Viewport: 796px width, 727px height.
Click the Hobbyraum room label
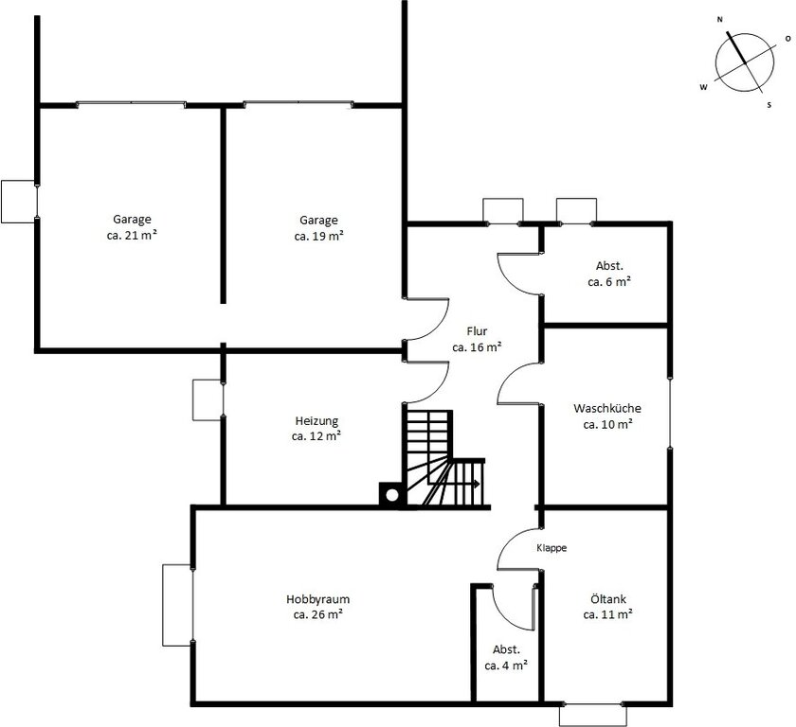317,599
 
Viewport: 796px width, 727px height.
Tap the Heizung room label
317,421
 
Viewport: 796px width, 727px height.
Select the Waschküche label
607,408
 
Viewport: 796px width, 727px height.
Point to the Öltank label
608,599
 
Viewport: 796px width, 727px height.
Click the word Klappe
552,548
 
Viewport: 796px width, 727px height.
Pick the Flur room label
477,331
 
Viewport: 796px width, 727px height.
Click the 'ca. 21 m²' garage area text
132,236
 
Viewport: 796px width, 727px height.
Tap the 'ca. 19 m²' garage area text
318,237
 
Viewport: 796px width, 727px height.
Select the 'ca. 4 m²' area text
506,665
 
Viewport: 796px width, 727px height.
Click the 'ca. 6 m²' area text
609,282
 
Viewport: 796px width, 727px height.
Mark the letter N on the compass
719,20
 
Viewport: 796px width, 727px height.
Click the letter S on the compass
769,105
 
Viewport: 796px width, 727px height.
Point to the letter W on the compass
703,87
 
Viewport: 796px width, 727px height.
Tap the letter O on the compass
787,39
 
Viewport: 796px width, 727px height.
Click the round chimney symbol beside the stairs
392,495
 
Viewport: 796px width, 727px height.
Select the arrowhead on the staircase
476,484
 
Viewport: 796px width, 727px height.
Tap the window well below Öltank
593,716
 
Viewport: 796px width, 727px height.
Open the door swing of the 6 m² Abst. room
519,274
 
